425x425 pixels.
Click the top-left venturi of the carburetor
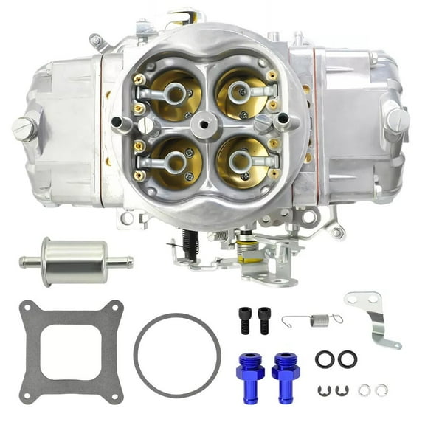coord(175,94)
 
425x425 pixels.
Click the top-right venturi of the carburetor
coord(240,93)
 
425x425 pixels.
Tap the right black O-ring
coord(347,359)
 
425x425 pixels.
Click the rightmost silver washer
coord(382,390)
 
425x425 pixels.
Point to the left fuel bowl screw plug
coord(24,128)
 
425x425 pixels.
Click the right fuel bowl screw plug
coord(397,118)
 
